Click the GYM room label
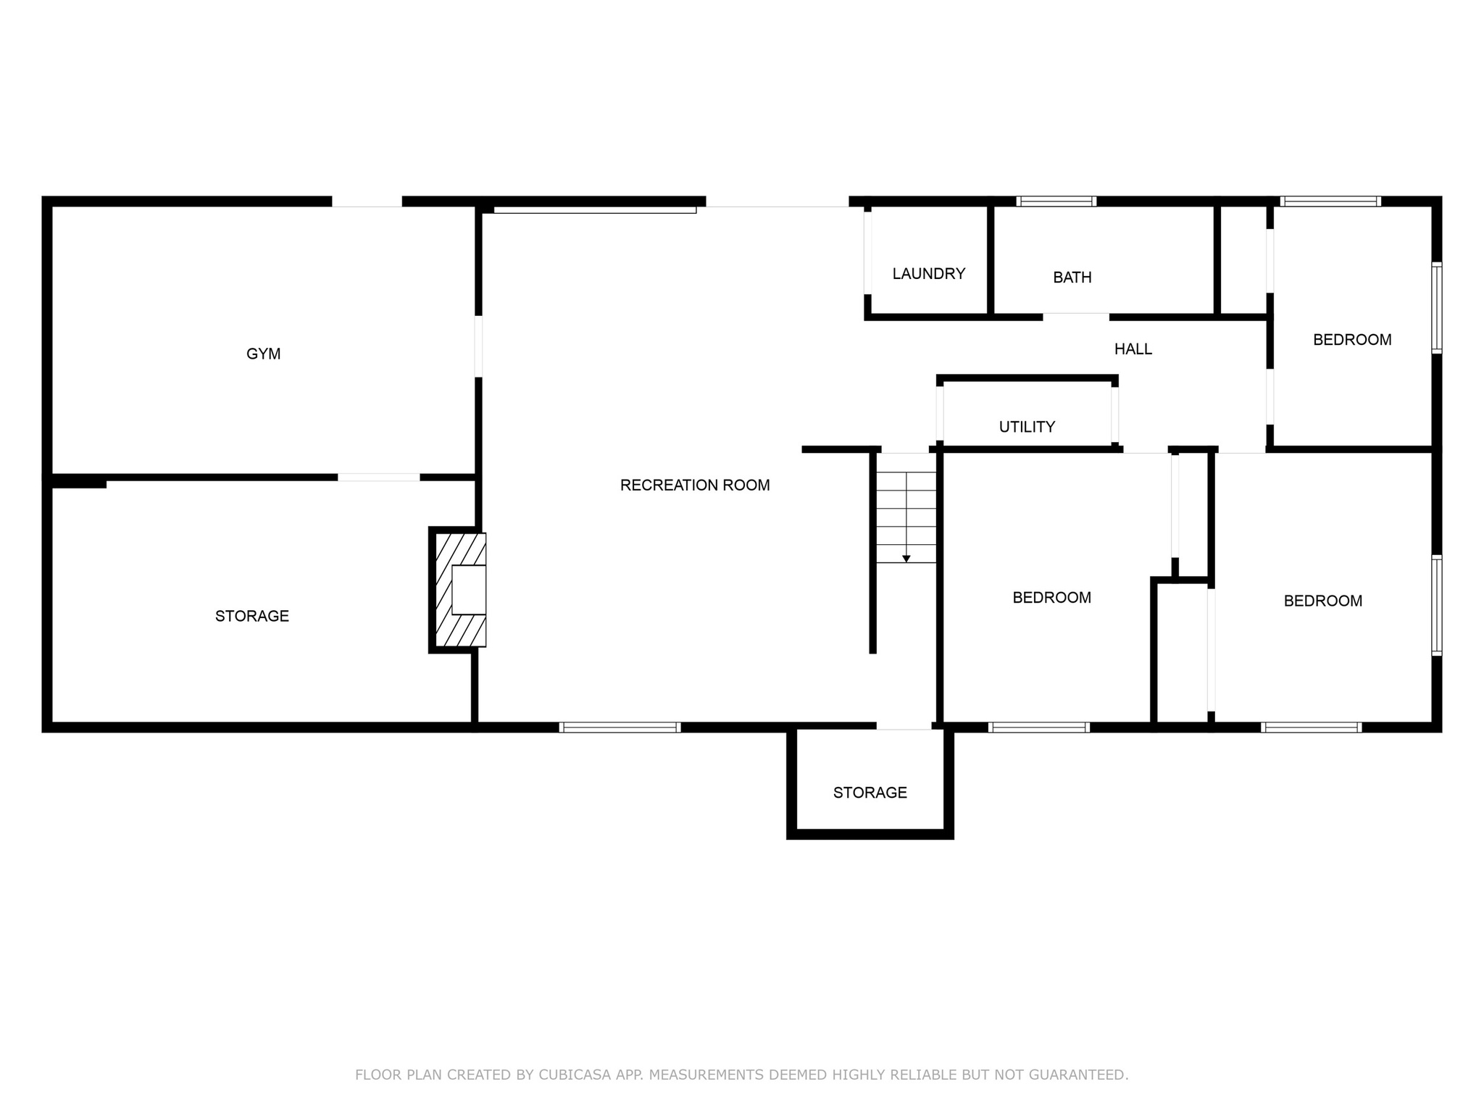coord(263,354)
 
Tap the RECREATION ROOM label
coord(694,485)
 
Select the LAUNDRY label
coord(928,274)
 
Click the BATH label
coord(1072,278)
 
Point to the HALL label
coord(1133,349)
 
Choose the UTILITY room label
coord(1027,427)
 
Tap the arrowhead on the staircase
coord(906,559)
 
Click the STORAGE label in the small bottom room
coord(870,793)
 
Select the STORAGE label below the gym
coord(251,616)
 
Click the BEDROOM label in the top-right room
coord(1351,340)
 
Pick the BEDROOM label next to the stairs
coord(1051,598)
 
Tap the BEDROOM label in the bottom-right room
coord(1322,601)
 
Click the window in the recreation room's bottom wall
coord(620,728)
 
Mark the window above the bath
coord(1055,201)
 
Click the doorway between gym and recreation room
coord(478,346)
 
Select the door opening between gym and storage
coord(378,477)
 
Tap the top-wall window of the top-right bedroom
coord(1330,201)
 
